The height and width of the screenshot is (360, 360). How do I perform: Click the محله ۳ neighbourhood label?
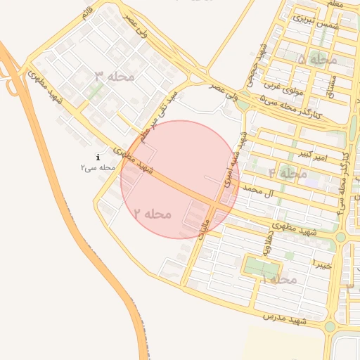[113, 75]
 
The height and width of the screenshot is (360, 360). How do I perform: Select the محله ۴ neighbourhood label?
[288, 172]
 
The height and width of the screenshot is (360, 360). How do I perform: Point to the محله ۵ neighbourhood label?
[318, 60]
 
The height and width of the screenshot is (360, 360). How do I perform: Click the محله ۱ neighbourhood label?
[281, 280]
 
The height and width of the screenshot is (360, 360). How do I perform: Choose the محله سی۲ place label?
[97, 167]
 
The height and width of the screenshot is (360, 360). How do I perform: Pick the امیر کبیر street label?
[310, 154]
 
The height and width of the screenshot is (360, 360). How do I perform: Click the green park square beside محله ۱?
[261, 267]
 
